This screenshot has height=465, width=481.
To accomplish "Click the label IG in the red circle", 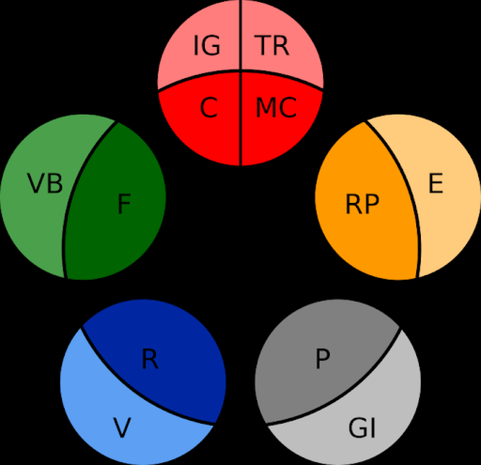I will coord(207,45).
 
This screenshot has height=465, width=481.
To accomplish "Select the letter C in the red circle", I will coord(209,108).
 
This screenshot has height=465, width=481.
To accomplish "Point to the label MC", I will coord(276,108).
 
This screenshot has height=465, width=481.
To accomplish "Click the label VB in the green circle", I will coord(45,183).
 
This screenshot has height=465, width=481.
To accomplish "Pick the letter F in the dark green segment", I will coord(124,204).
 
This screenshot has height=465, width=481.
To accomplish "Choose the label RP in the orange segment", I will coord(362,204).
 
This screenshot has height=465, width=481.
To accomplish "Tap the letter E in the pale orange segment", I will coord(436,183).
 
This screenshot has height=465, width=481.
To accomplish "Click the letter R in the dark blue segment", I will coord(150,359).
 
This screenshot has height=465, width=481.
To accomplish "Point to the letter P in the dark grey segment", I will coord(323,359).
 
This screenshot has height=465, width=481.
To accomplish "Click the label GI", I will coord(362,428).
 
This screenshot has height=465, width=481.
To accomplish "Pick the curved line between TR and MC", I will coord(284,76).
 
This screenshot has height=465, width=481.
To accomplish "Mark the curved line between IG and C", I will coord(197,76).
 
